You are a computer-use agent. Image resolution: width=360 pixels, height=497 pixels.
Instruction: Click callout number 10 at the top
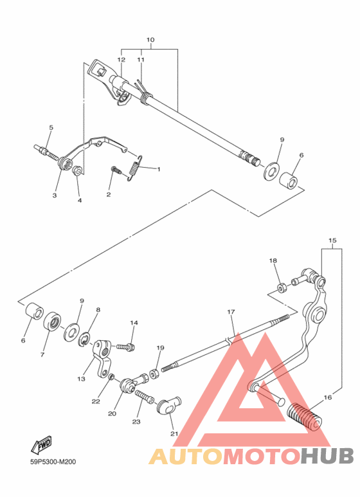[x=150, y=40]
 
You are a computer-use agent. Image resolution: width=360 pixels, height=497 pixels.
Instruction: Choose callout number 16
[x=327, y=398]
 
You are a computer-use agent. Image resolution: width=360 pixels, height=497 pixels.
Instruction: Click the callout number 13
[x=81, y=379]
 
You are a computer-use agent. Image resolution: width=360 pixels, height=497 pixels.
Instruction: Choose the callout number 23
[x=136, y=422]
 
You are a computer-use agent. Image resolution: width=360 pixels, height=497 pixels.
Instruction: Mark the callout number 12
[x=120, y=59]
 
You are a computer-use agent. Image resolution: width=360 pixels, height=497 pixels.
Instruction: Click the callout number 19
[x=161, y=348]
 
